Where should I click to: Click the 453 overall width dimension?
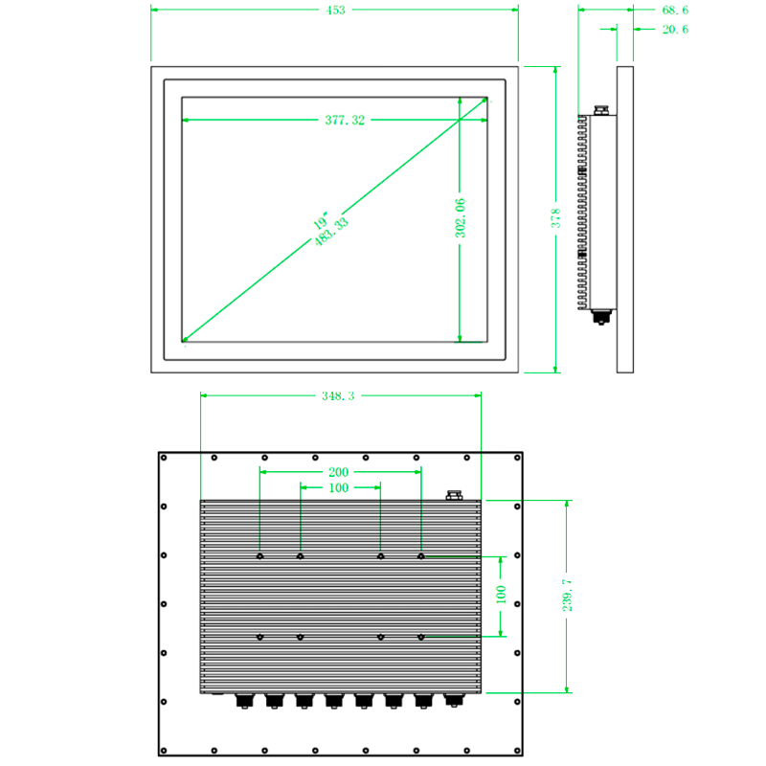pos(336,11)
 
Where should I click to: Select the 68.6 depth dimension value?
pos(675,11)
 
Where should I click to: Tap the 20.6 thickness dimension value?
pos(675,30)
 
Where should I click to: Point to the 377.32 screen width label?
pos(345,121)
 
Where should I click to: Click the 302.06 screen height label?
pos(461,218)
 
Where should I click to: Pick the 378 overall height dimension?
pos(556,218)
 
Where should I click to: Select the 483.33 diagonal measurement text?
pos(331,232)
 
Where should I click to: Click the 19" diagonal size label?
pos(320,221)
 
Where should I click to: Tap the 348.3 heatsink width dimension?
pos(338,396)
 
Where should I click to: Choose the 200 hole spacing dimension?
pos(339,472)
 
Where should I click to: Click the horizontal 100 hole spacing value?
pos(339,488)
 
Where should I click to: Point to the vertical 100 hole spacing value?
pos(501,595)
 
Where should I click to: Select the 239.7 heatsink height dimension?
pos(567,595)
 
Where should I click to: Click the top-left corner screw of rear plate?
pos(164,458)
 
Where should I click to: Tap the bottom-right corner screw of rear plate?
pos(517,751)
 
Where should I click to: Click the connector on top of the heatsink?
pos(454,495)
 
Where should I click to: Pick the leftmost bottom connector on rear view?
pos(245,701)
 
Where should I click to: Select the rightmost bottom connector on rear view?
pos(454,700)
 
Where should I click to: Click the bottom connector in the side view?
pos(601,317)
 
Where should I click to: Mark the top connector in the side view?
pos(601,110)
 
